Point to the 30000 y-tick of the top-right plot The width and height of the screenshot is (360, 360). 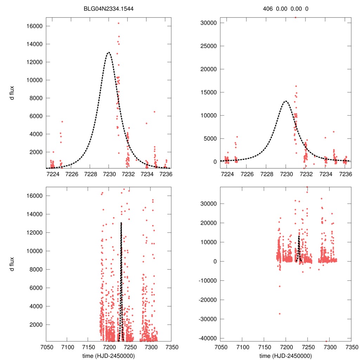click(207, 23)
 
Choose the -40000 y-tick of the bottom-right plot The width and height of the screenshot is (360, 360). click(206, 338)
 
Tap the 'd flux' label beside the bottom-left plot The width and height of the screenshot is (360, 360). click(12, 264)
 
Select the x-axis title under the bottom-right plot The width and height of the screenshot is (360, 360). click(285, 355)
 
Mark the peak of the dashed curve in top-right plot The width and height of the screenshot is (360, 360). click(285, 101)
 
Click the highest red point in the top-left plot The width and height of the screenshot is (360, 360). click(118, 23)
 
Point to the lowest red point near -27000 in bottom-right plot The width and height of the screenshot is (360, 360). click(280, 314)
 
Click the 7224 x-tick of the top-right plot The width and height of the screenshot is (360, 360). click(227, 174)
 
